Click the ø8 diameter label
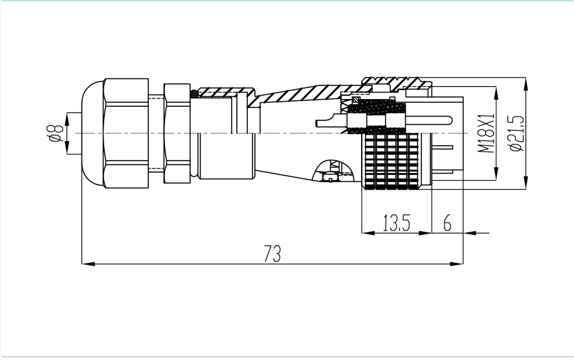tap(55, 133)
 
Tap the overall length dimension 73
tap(272, 253)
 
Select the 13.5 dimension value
tap(397, 223)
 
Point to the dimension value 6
tap(447, 223)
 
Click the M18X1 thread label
tap(486, 133)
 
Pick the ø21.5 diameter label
tap(516, 133)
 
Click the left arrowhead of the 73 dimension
tap(88, 264)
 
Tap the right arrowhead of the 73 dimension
tap(456, 264)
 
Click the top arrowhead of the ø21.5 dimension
tap(525, 84)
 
